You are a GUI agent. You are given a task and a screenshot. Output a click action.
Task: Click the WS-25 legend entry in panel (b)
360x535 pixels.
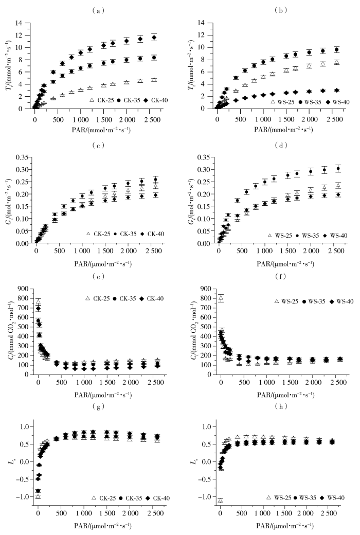(x=282, y=102)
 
